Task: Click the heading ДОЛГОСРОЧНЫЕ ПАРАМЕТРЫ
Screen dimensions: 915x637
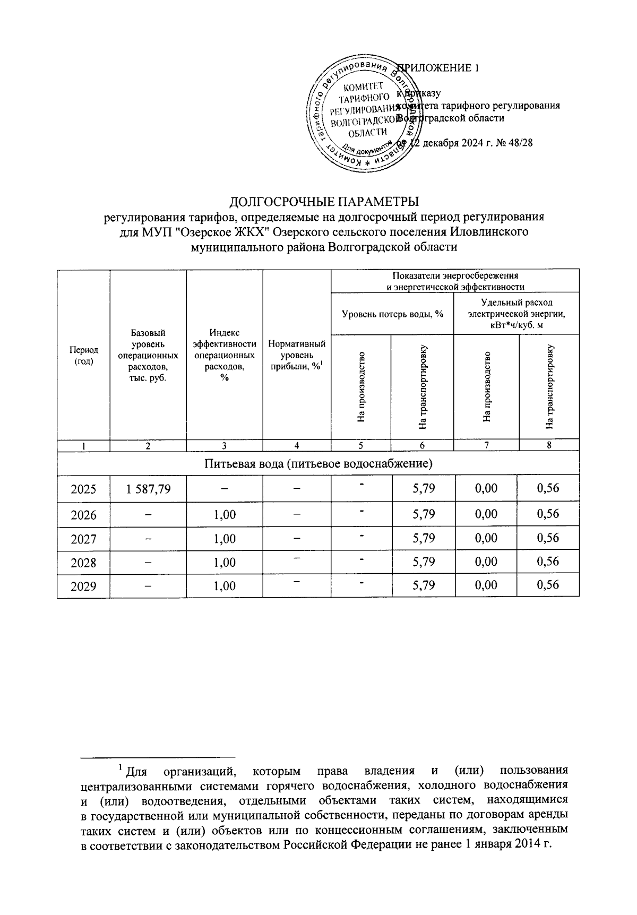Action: [x=323, y=202]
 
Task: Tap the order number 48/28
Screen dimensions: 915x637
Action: [x=521, y=143]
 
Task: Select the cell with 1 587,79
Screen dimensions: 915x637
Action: [x=148, y=488]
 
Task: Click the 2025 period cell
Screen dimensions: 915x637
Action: [x=83, y=488]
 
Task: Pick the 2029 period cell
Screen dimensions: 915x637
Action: [x=83, y=586]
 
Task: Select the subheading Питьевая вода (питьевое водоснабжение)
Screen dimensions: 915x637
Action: [x=318, y=464]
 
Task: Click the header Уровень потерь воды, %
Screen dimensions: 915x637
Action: [x=392, y=314]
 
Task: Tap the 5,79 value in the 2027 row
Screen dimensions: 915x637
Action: [x=423, y=538]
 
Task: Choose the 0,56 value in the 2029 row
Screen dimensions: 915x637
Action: [x=548, y=585]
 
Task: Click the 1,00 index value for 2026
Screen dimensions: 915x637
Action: [x=225, y=514]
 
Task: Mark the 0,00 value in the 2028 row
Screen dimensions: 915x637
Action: [x=486, y=562]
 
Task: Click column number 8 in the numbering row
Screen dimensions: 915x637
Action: [x=549, y=445]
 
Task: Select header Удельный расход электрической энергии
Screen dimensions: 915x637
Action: [x=516, y=314]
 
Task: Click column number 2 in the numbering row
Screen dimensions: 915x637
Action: [x=148, y=446]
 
